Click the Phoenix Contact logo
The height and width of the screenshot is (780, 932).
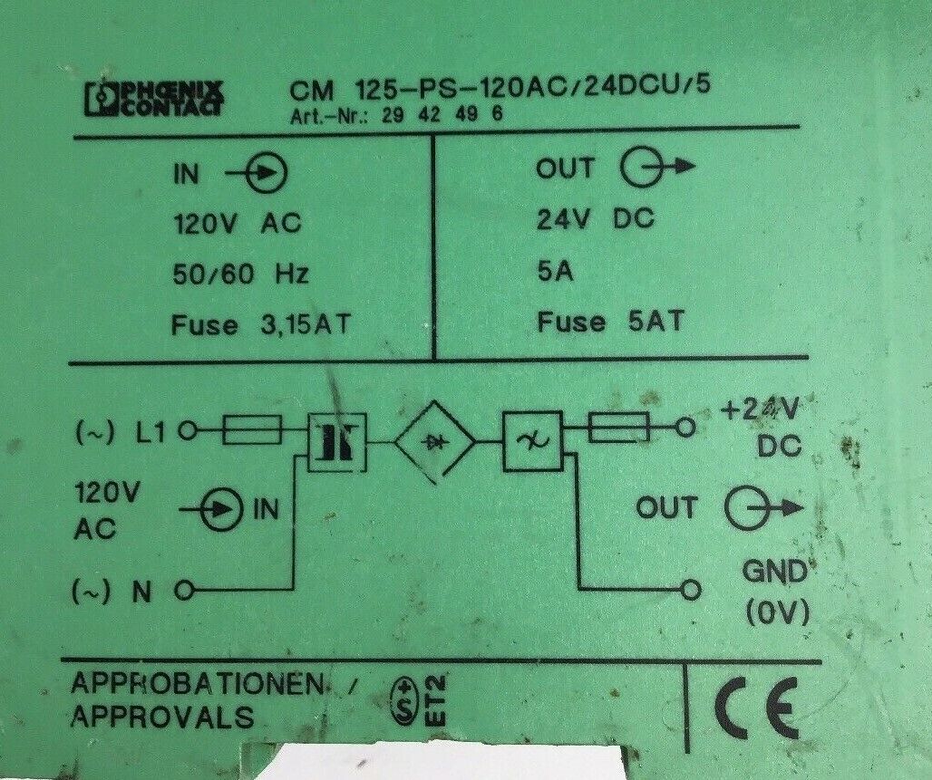154,98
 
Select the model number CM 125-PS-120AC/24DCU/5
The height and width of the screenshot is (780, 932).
500,89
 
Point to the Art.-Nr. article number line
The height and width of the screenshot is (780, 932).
396,114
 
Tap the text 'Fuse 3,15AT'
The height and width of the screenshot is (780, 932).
261,325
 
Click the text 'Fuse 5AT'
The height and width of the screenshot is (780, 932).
610,322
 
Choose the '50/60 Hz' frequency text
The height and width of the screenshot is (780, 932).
241,274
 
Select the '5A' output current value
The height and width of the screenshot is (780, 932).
555,272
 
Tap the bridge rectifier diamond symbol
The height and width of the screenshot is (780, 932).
436,441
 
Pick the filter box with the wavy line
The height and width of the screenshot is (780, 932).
532,441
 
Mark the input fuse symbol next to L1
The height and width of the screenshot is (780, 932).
252,429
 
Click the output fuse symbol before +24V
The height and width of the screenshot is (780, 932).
618,427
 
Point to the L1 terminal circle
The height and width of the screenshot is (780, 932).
189,430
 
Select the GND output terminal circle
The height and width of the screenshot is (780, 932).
691,590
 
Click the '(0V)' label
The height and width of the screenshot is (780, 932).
778,612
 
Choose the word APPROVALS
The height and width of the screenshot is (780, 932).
162,717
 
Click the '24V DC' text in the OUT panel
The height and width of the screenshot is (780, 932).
596,219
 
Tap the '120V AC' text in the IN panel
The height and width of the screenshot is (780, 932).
237,224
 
